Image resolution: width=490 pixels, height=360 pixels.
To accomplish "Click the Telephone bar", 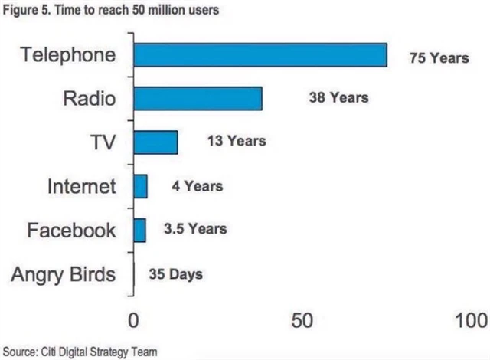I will [260, 55].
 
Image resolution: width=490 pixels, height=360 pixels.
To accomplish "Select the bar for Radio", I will [198, 99].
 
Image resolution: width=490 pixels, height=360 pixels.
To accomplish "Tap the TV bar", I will [155, 142].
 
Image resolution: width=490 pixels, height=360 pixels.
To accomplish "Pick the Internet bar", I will [140, 186].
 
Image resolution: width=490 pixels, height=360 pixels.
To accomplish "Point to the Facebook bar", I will [139, 230].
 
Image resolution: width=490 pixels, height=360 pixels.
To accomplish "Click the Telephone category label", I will [69, 55].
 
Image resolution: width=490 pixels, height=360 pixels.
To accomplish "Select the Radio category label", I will [90, 99].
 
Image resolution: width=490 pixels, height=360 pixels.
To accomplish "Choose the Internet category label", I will [81, 186].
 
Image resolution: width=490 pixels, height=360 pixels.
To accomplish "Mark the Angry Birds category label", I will [64, 273].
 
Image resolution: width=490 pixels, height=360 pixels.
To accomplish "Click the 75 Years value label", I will [439, 57].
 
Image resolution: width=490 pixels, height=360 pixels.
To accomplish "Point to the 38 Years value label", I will [338, 98].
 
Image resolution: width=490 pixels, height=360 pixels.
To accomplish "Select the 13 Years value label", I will [237, 141].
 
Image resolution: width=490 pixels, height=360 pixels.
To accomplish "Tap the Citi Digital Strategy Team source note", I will [80, 352].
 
